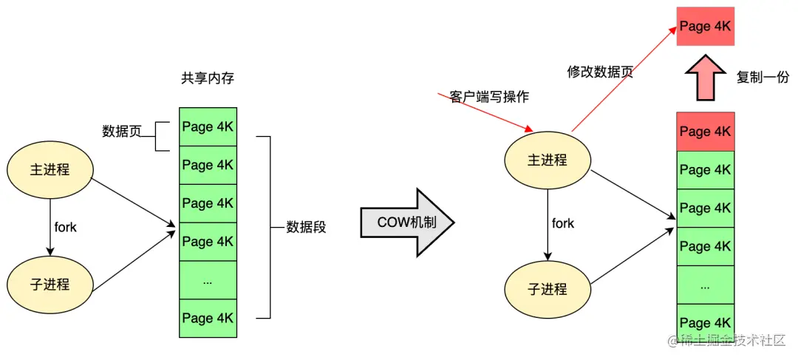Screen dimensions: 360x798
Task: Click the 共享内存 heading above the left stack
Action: [x=208, y=78]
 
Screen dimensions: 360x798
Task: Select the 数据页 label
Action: [x=121, y=132]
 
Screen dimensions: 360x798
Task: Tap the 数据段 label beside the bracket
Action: [x=306, y=227]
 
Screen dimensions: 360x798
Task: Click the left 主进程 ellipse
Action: [x=51, y=169]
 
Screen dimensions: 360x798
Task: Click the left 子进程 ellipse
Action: [x=51, y=284]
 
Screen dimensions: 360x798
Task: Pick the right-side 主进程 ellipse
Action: [x=548, y=160]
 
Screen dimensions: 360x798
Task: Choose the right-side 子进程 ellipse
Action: [x=548, y=288]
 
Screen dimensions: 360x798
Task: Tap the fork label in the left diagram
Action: [x=65, y=227]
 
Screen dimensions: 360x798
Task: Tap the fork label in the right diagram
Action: [x=563, y=223]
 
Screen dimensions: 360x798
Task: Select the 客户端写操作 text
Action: [x=489, y=97]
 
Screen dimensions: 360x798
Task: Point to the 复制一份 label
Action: [x=763, y=76]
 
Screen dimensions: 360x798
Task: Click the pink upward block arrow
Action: [x=705, y=78]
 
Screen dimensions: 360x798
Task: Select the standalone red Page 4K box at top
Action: [x=705, y=26]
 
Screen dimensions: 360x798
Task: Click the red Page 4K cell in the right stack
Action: [x=705, y=132]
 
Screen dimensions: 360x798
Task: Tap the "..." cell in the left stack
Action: [x=208, y=280]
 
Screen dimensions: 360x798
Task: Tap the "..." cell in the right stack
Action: [x=705, y=285]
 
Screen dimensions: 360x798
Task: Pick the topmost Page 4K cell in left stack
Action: [x=208, y=126]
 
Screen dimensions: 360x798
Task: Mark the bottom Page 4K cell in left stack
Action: [x=208, y=318]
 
